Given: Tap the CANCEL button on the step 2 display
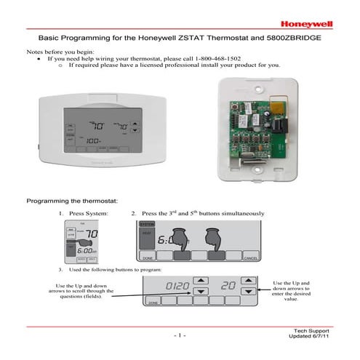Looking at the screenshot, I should pyautogui.click(x=251, y=257).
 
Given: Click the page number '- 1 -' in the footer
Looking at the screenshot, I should pyautogui.click(x=180, y=335).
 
